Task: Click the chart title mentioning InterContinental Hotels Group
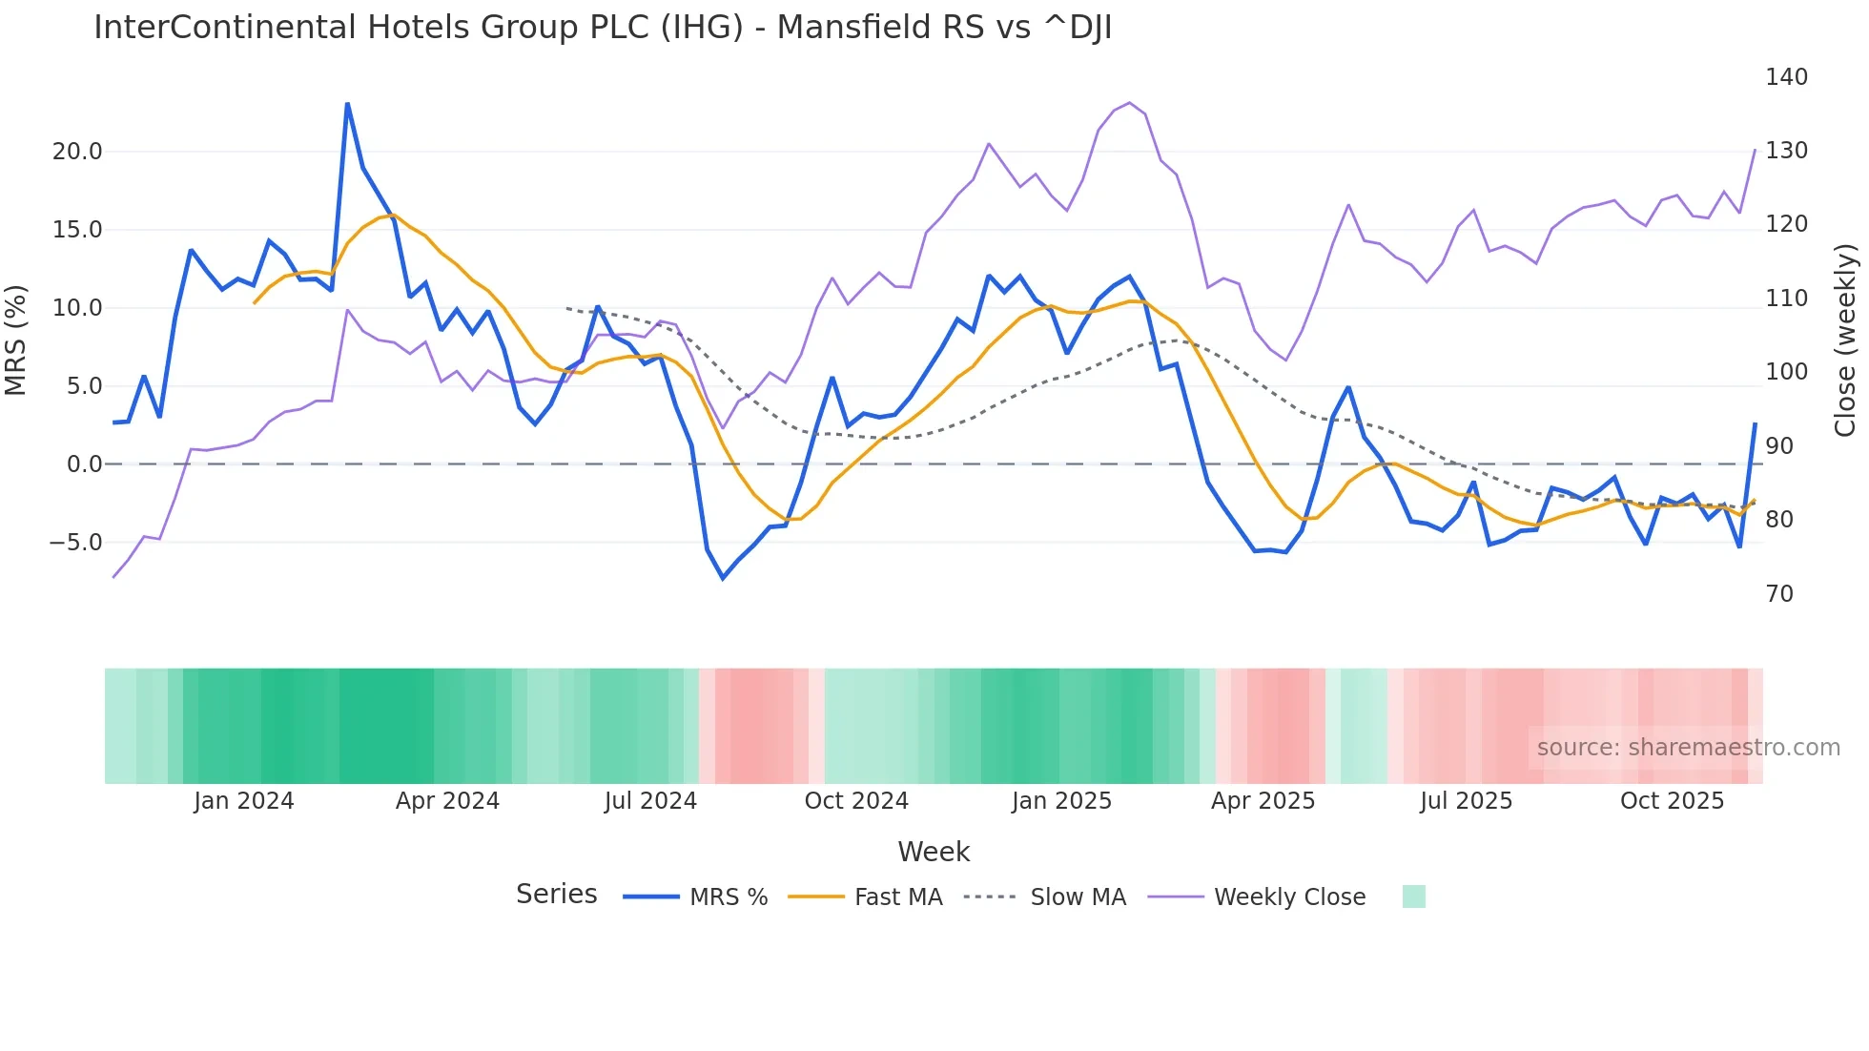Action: click(x=603, y=28)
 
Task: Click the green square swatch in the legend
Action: click(x=1413, y=896)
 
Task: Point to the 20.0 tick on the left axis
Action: click(x=77, y=152)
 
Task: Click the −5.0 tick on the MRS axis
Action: click(x=75, y=543)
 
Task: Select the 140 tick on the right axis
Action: click(x=1785, y=77)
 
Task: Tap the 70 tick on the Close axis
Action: click(x=1778, y=594)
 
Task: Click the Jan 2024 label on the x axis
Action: click(x=243, y=801)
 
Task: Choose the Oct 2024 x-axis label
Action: click(x=855, y=801)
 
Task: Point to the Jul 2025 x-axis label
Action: click(x=1466, y=801)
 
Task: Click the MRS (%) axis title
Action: click(x=16, y=340)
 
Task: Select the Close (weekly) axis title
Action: click(x=1845, y=340)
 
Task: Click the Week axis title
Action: click(x=933, y=852)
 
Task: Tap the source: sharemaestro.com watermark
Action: click(x=1688, y=748)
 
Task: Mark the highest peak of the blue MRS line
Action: click(x=347, y=104)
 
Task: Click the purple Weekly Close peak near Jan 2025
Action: click(x=1129, y=103)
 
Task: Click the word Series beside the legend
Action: click(x=556, y=895)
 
